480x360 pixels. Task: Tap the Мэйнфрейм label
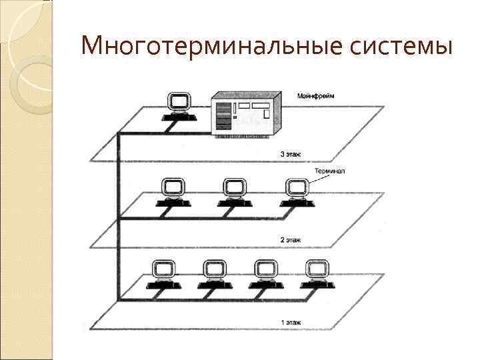(316, 96)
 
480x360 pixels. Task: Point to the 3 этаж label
(290, 154)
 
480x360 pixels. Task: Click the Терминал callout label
(329, 171)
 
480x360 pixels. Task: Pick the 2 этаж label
(290, 238)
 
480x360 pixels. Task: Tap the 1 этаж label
(290, 323)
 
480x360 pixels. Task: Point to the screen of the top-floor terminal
(178, 101)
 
